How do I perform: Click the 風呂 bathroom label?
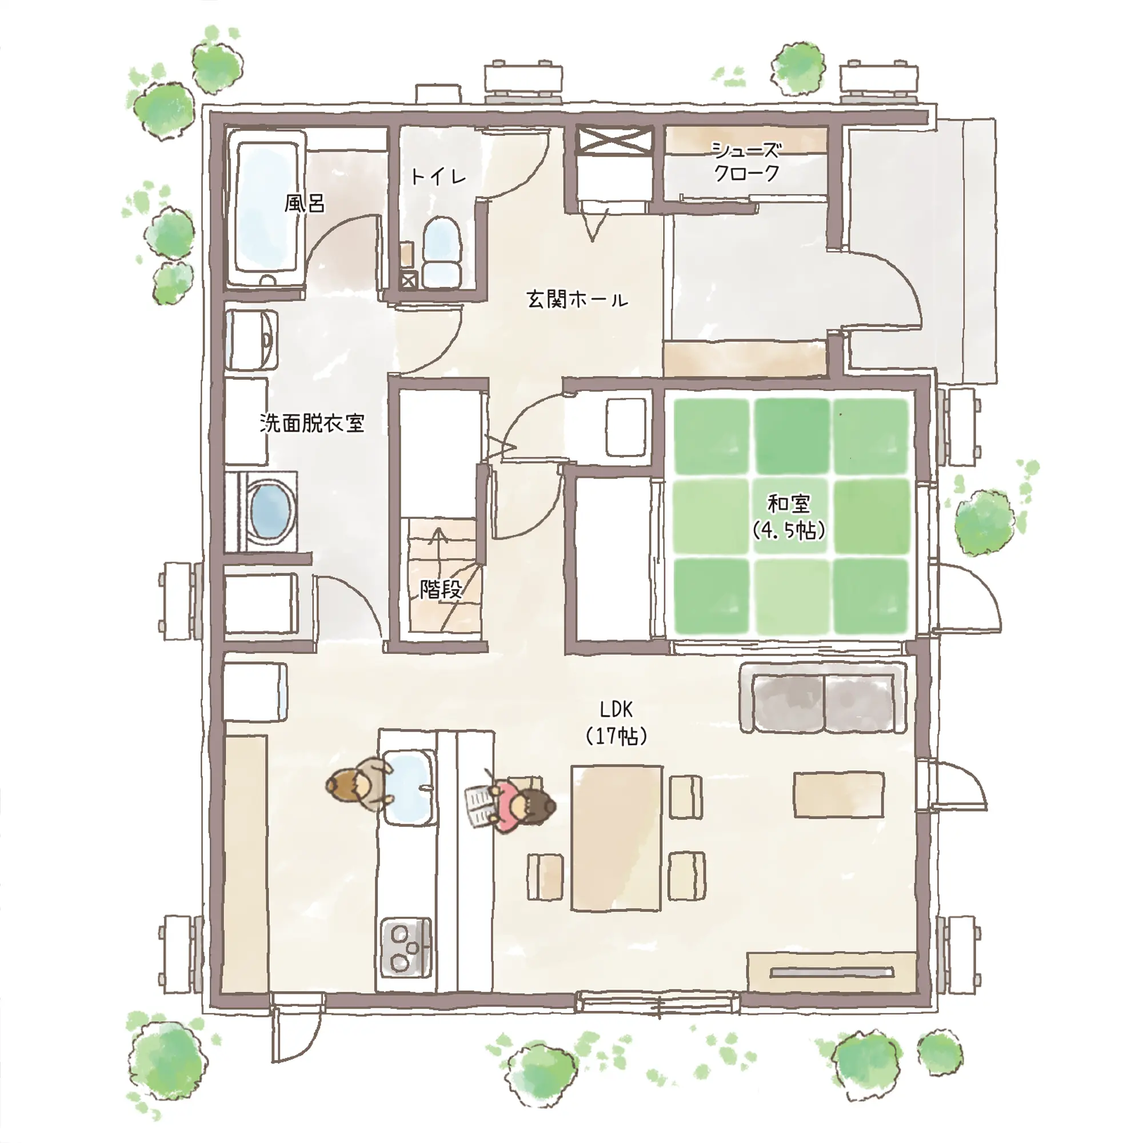(305, 203)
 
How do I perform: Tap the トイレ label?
(438, 176)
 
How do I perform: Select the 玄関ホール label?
(577, 300)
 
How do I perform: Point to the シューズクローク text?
(746, 161)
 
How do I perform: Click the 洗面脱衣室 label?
(312, 423)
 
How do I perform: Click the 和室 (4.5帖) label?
(789, 517)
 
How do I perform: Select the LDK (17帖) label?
(616, 722)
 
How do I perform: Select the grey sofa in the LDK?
(823, 699)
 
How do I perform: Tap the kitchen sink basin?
(409, 787)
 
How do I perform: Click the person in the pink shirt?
(514, 806)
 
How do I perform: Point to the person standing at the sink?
(359, 785)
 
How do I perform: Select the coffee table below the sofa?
(838, 794)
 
